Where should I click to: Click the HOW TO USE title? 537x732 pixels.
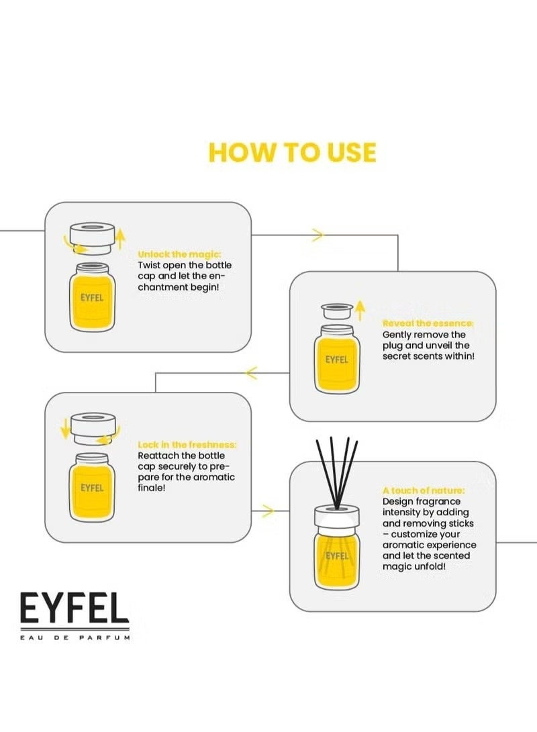tap(292, 152)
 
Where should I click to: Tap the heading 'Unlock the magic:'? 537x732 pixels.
tap(179, 254)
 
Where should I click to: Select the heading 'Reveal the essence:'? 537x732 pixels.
tap(428, 323)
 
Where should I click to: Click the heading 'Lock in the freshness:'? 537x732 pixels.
tap(187, 445)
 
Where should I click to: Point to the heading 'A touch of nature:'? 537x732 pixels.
tap(424, 490)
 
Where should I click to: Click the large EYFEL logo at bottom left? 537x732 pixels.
tap(74, 609)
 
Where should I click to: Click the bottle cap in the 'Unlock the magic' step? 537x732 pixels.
tap(93, 239)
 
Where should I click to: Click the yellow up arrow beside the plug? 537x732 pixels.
tap(360, 309)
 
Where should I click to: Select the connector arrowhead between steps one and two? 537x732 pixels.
tap(318, 235)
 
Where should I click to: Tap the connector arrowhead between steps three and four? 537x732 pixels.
tap(267, 511)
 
